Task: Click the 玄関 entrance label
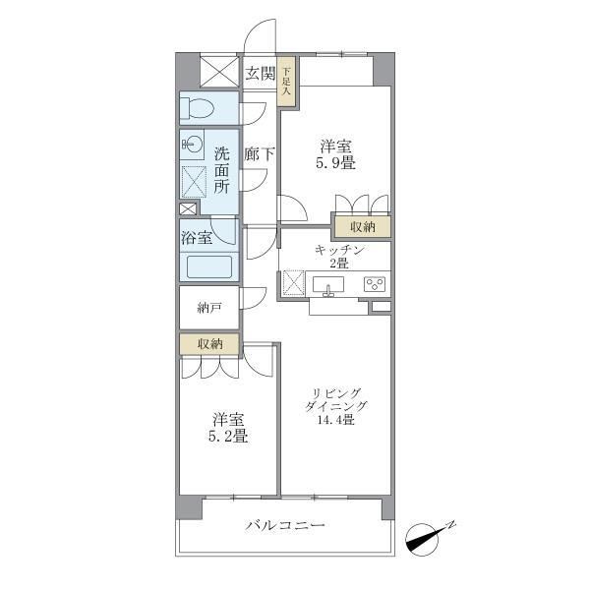[x=260, y=73]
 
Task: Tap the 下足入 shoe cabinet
[x=286, y=81]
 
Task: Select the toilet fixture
[x=197, y=108]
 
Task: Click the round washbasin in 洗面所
[x=193, y=144]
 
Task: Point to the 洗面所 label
[x=221, y=170]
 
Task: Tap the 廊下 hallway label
[x=260, y=154]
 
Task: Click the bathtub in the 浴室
[x=209, y=267]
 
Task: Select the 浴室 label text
[x=197, y=237]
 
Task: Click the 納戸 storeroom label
[x=208, y=308]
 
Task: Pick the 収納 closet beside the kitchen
[x=363, y=227]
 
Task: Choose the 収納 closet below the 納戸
[x=209, y=343]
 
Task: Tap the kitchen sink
[x=328, y=285]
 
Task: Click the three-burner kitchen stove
[x=375, y=284]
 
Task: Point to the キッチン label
[x=339, y=250]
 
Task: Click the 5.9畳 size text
[x=335, y=163]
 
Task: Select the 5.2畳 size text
[x=228, y=436]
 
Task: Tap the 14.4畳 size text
[x=336, y=419]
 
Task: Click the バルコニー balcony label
[x=285, y=524]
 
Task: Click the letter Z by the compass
[x=451, y=524]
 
